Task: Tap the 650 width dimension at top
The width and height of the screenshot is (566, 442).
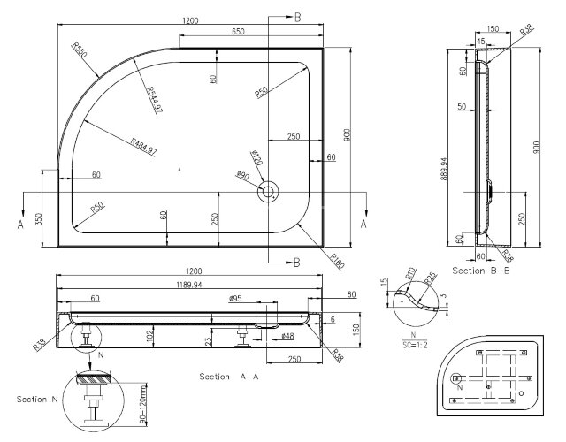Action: click(x=239, y=32)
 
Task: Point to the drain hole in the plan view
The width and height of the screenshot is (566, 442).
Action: click(x=268, y=191)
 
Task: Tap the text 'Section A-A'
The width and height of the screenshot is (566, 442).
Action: click(x=229, y=377)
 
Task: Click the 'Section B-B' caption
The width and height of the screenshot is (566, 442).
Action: click(x=478, y=269)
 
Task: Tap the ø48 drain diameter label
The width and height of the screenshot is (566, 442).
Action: click(x=287, y=337)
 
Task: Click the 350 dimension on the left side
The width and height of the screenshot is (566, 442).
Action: click(x=38, y=218)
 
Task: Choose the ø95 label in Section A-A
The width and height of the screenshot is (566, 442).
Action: click(x=235, y=300)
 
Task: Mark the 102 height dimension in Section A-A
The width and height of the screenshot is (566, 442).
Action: click(x=150, y=335)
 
